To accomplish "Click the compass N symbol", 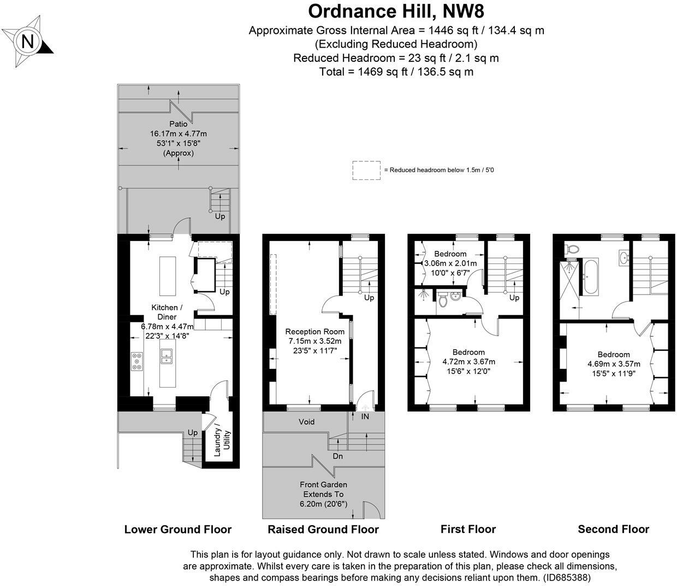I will pos(27,42).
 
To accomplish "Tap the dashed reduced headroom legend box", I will pos(366,170).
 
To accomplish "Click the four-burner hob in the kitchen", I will pos(137,361).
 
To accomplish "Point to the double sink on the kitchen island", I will pos(167,356).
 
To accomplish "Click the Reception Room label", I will pos(315,331).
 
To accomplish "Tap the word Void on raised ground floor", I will pos(306,421).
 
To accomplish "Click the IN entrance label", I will pos(365,417).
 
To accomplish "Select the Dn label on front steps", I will pos(338,455).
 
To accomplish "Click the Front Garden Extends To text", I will pos(323,489).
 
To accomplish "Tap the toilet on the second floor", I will pos(571,249).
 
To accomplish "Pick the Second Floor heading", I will pos(613,529).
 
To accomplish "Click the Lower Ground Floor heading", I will pos(178,529).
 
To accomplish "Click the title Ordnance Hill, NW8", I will pos(396,11).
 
